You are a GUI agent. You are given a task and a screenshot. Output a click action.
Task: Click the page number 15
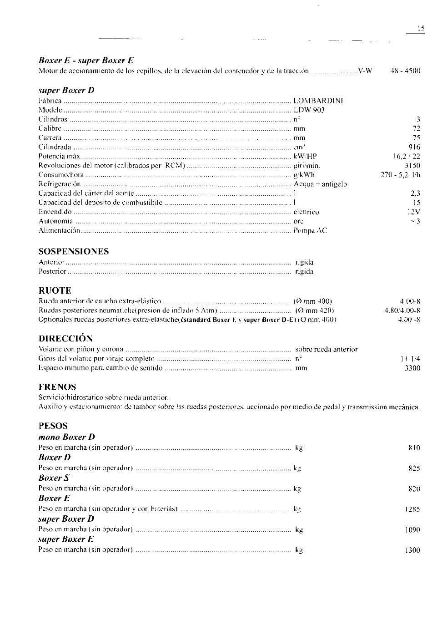pyautogui.click(x=421, y=28)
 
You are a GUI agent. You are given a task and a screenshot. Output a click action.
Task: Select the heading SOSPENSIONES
pyautogui.click(x=74, y=251)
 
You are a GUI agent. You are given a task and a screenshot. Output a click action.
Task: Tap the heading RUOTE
pyautogui.click(x=55, y=290)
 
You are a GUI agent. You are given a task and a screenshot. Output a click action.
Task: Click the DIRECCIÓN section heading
pyautogui.click(x=65, y=338)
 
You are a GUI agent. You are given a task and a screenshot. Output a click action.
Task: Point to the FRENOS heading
pyautogui.click(x=57, y=387)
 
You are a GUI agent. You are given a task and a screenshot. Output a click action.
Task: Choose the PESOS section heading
pyautogui.click(x=53, y=426)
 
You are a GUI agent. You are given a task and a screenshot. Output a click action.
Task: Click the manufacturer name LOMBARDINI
pyautogui.click(x=318, y=101)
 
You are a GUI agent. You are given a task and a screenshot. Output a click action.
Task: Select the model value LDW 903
pyautogui.click(x=309, y=110)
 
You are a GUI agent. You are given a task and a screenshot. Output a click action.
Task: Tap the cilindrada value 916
pyautogui.click(x=414, y=147)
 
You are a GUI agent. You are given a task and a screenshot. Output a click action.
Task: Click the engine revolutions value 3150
pyautogui.click(x=412, y=166)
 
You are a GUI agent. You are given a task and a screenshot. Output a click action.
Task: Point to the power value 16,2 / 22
pyautogui.click(x=407, y=156)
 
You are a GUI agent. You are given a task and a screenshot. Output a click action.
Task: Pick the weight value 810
pyautogui.click(x=414, y=448)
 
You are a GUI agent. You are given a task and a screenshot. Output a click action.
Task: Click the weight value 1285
pyautogui.click(x=412, y=509)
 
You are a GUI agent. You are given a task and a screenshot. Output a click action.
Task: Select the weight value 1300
pyautogui.click(x=412, y=550)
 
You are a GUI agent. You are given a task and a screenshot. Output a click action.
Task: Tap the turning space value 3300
pyautogui.click(x=412, y=368)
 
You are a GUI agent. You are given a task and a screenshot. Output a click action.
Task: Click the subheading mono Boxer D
pyautogui.click(x=66, y=437)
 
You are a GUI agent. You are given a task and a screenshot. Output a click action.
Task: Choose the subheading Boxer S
pyautogui.click(x=54, y=478)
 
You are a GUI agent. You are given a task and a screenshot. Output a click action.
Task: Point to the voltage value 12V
pyautogui.click(x=413, y=212)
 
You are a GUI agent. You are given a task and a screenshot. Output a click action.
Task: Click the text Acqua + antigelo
pyautogui.click(x=320, y=184)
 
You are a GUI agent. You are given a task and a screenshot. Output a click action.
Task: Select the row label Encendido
pyautogui.click(x=55, y=212)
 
